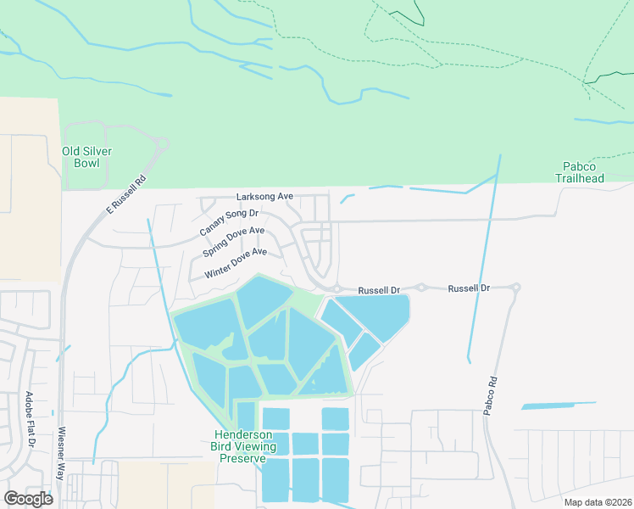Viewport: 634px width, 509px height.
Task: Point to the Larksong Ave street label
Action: pyautogui.click(x=264, y=196)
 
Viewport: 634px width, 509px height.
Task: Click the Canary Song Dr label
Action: pyautogui.click(x=229, y=222)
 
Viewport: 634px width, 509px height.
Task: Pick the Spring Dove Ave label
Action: pyautogui.click(x=234, y=242)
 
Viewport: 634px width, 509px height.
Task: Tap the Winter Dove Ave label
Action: pyautogui.click(x=236, y=263)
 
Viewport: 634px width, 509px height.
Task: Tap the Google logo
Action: pyautogui.click(x=28, y=499)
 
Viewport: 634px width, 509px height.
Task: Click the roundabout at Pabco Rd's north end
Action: pyautogui.click(x=515, y=288)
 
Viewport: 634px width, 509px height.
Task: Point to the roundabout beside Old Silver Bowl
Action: pyautogui.click(x=162, y=144)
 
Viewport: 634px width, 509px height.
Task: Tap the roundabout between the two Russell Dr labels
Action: pyautogui.click(x=420, y=288)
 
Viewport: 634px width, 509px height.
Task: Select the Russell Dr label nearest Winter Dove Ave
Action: pyautogui.click(x=378, y=290)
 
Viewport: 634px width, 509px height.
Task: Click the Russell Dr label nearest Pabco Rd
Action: pyautogui.click(x=469, y=288)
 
